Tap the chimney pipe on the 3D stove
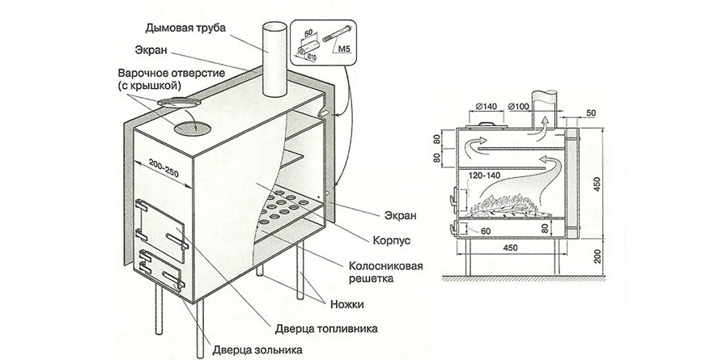coord(273,61)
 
